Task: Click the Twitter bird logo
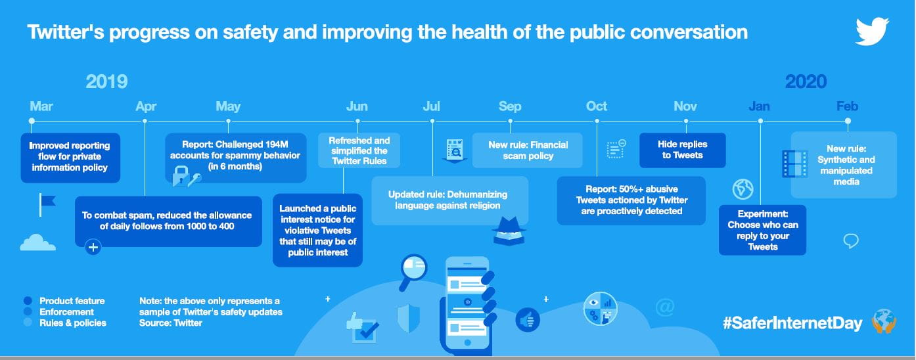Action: click(x=872, y=31)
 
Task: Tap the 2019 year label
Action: click(x=106, y=81)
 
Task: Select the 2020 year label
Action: click(x=806, y=81)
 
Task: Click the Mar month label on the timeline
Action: click(x=41, y=106)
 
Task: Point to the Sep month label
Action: click(x=510, y=106)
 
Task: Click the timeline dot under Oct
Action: click(x=597, y=121)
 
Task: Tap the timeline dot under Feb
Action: click(x=848, y=121)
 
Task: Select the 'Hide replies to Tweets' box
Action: click(x=683, y=150)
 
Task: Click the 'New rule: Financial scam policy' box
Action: click(x=528, y=150)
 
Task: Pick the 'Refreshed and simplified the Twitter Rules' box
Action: click(x=359, y=150)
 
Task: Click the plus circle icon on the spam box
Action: click(x=93, y=247)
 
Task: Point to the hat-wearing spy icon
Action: click(x=509, y=231)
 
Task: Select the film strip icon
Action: click(x=794, y=164)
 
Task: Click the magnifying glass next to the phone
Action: click(x=413, y=271)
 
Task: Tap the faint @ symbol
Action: click(x=664, y=307)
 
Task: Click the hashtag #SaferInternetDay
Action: click(x=792, y=323)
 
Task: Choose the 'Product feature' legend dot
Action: click(x=28, y=301)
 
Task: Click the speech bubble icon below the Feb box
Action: click(x=850, y=240)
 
